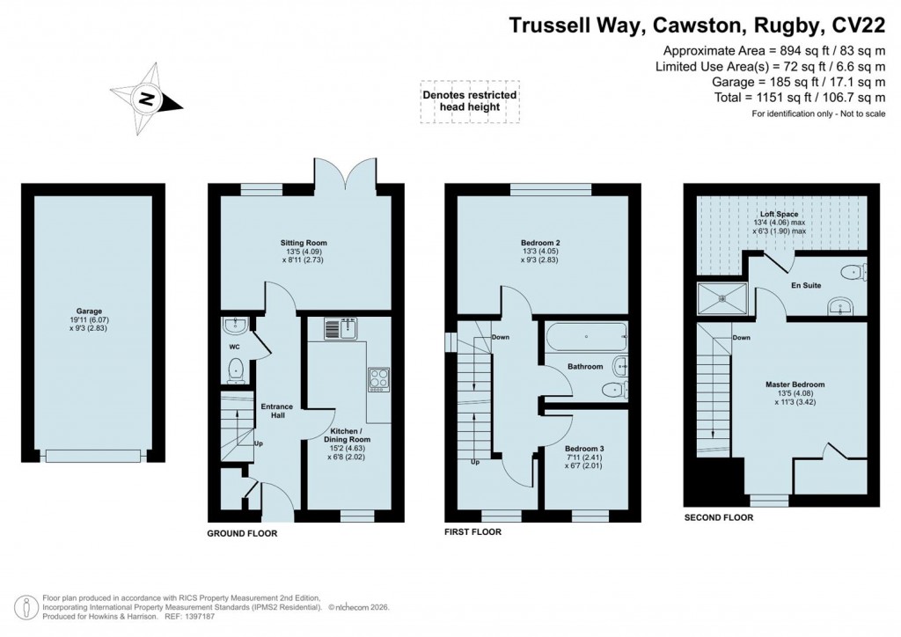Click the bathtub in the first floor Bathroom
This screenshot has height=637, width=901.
[x=585, y=336]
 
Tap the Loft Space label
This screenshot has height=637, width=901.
[x=781, y=214]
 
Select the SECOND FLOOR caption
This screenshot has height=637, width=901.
[x=718, y=518]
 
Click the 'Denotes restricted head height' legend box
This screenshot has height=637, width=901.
[x=469, y=102]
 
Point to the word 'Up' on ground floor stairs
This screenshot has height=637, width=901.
[x=258, y=443]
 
